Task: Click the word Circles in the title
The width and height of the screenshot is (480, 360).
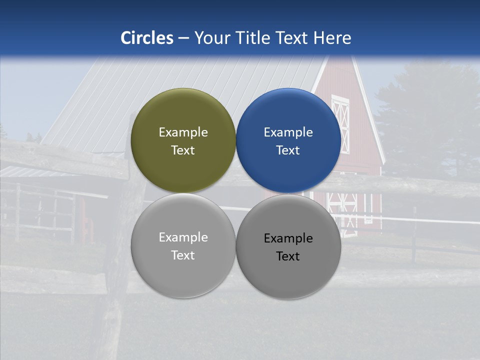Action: [147, 38]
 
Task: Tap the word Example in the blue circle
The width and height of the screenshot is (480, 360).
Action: [288, 132]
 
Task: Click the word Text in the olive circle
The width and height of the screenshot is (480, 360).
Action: [183, 150]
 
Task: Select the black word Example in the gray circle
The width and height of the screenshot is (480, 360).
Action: [288, 238]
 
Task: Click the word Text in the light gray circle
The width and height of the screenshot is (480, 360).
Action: [183, 255]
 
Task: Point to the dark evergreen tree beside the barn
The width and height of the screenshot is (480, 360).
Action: [425, 125]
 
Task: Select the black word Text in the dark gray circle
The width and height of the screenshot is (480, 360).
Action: [288, 256]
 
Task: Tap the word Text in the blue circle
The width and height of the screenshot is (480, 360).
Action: [288, 150]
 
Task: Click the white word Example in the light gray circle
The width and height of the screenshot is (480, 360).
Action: [183, 237]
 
